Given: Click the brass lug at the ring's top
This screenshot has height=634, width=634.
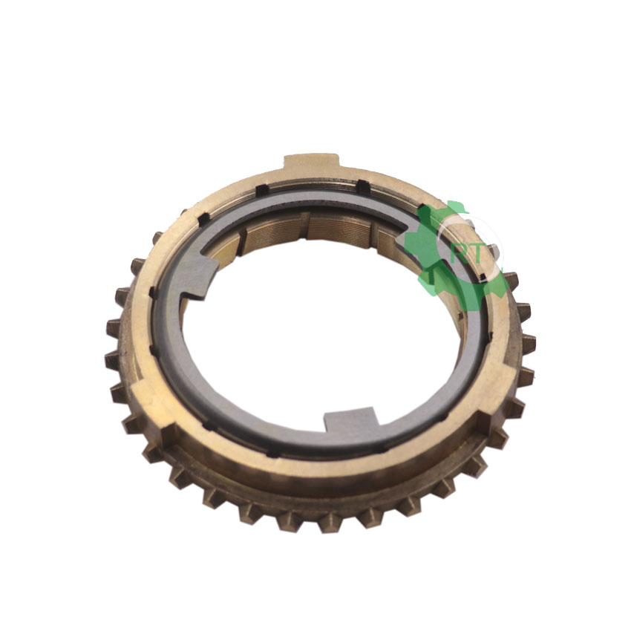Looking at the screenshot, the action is point(310,163).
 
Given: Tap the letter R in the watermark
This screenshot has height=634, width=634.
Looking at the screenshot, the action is point(459,255).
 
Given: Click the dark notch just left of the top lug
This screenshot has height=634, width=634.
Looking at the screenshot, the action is point(262,189).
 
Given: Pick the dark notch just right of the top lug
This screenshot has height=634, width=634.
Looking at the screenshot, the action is point(363,186).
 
